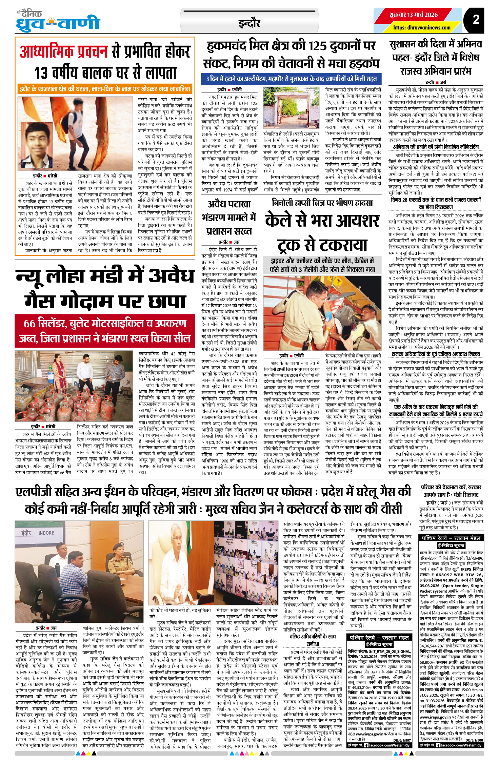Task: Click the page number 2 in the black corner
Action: click(x=476, y=19)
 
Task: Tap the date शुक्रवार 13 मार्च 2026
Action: click(x=413, y=15)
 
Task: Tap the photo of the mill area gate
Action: click(x=291, y=107)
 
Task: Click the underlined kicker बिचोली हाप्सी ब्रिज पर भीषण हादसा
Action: click(x=322, y=203)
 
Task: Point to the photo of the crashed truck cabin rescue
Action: click(x=322, y=313)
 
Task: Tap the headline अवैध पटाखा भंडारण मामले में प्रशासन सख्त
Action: click(x=229, y=217)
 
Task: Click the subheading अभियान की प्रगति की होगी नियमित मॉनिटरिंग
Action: click(x=436, y=147)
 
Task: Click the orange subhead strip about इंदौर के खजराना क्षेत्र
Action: click(x=105, y=89)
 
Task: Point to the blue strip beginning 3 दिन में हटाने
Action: click(x=291, y=79)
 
